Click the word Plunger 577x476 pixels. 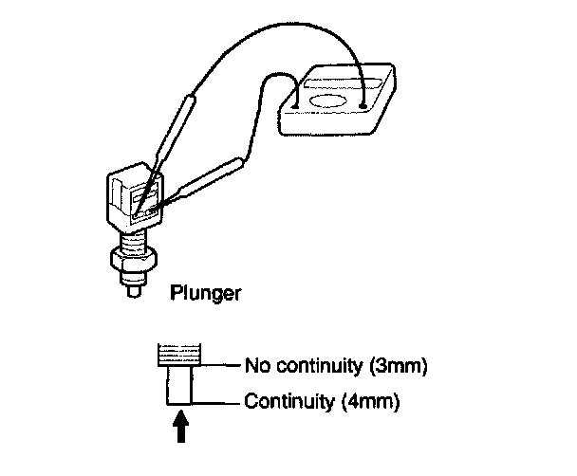[x=204, y=294]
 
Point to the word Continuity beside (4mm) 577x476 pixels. [x=288, y=401]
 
